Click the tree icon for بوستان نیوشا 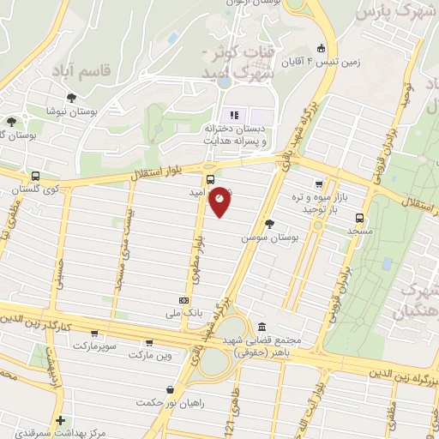71,98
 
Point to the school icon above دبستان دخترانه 232,115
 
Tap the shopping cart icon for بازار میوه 319,183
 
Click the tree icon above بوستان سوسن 270,223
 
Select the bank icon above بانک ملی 184,300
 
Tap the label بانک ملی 183,314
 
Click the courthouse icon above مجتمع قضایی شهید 261,326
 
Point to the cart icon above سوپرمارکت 94,334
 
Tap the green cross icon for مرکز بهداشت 59,420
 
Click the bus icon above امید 210,179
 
